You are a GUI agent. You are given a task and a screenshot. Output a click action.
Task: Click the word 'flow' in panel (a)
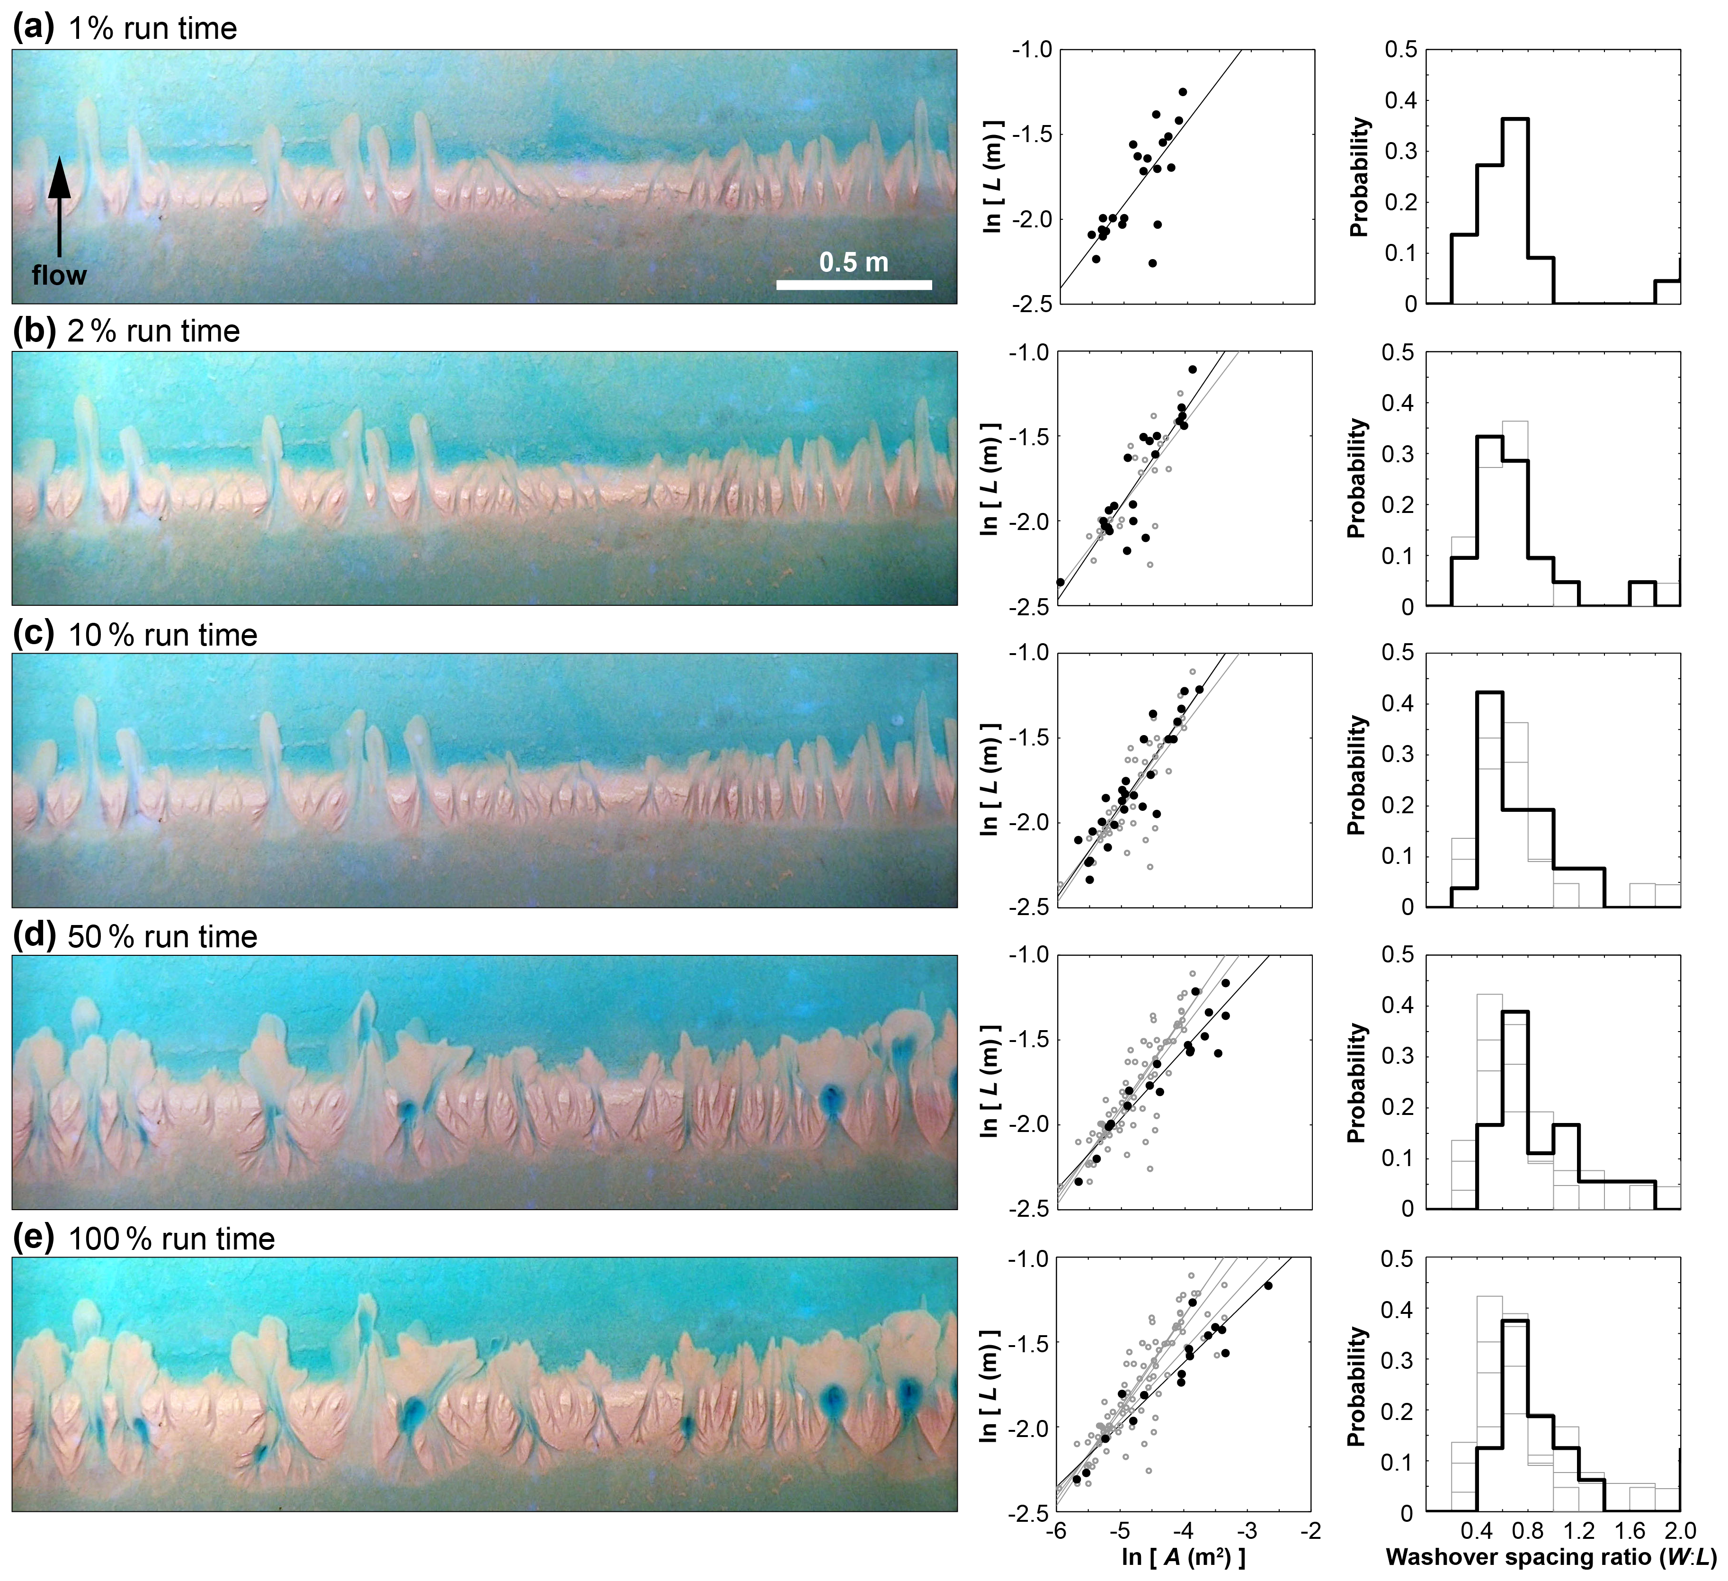tap(59, 275)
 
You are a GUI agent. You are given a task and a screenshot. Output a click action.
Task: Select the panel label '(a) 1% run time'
tap(125, 28)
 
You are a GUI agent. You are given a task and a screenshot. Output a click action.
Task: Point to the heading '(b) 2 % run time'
tap(127, 331)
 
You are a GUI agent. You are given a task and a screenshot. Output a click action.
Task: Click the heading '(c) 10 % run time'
tap(135, 635)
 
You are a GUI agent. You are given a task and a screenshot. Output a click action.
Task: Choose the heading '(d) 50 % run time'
tap(135, 936)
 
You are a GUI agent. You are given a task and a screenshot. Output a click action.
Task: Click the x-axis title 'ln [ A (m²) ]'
tap(1184, 1555)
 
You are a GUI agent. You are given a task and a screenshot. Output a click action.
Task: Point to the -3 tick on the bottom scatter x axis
tap(1248, 1530)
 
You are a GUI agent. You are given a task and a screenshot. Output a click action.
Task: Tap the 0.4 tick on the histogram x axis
tap(1476, 1530)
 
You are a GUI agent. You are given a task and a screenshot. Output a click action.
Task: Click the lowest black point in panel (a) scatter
tap(1153, 263)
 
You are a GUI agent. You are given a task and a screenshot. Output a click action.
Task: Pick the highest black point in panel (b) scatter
tap(1192, 369)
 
